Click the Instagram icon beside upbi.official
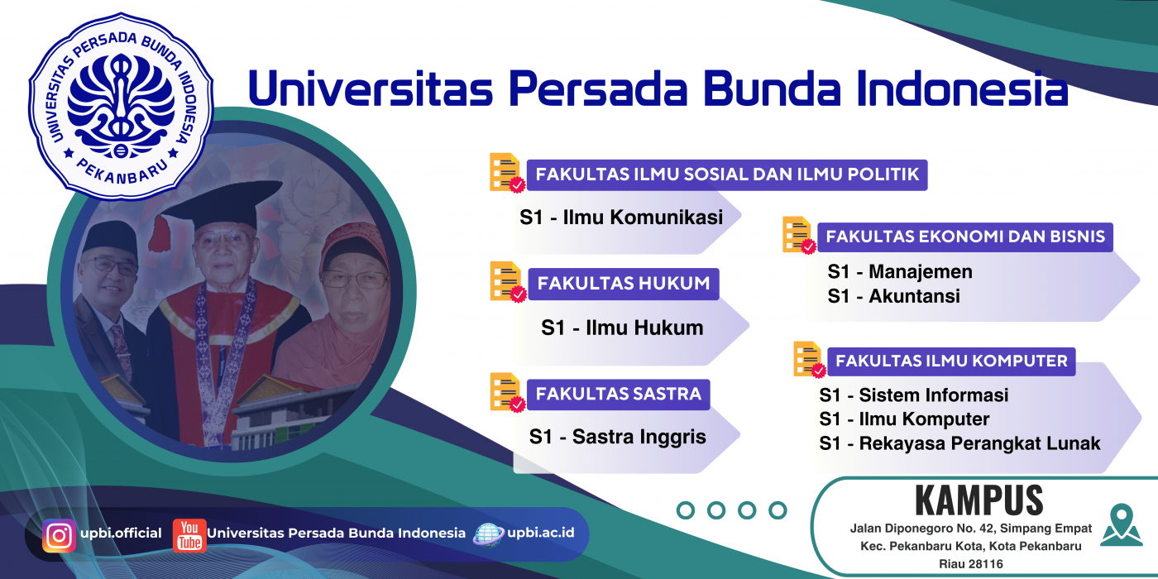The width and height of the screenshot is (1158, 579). click(59, 536)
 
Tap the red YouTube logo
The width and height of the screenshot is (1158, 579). click(189, 536)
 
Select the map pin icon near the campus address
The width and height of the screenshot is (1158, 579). click(1121, 524)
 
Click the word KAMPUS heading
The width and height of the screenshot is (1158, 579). click(979, 500)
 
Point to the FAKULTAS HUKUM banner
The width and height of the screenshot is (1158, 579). click(624, 284)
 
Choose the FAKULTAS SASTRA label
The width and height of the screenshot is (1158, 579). click(619, 395)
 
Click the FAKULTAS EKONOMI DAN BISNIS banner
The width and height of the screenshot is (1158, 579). click(965, 237)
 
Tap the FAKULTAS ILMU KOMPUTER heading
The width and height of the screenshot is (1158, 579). click(951, 361)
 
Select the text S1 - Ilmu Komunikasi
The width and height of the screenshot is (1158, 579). click(621, 218)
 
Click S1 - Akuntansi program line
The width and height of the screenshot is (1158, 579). click(893, 296)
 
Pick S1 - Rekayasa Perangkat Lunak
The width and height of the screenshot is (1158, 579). click(959, 443)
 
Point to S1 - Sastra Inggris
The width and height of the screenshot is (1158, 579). click(617, 438)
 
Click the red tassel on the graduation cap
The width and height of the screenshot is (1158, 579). click(160, 234)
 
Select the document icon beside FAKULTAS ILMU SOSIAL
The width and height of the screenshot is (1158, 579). click(506, 173)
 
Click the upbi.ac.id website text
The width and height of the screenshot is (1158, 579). click(541, 533)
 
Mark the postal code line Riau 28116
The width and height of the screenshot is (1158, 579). click(971, 564)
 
